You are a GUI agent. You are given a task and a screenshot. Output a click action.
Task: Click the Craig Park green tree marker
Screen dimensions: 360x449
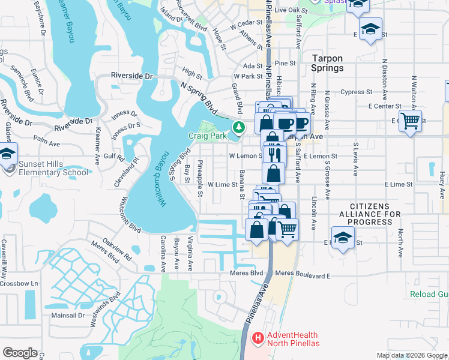(239, 127)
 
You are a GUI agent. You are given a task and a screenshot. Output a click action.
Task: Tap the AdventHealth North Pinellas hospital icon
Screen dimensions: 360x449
(258, 338)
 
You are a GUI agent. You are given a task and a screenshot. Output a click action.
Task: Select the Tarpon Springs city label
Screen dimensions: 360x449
(328, 64)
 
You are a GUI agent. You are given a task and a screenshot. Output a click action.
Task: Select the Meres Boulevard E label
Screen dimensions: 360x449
(303, 275)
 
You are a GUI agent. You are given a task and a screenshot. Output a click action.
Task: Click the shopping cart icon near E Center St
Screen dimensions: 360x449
(410, 121)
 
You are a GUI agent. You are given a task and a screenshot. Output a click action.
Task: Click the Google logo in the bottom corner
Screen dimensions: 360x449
(20, 352)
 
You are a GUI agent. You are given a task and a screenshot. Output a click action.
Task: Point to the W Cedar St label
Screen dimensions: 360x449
(243, 24)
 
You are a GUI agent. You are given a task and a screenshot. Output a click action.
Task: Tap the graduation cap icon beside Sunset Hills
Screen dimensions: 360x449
(7, 154)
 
